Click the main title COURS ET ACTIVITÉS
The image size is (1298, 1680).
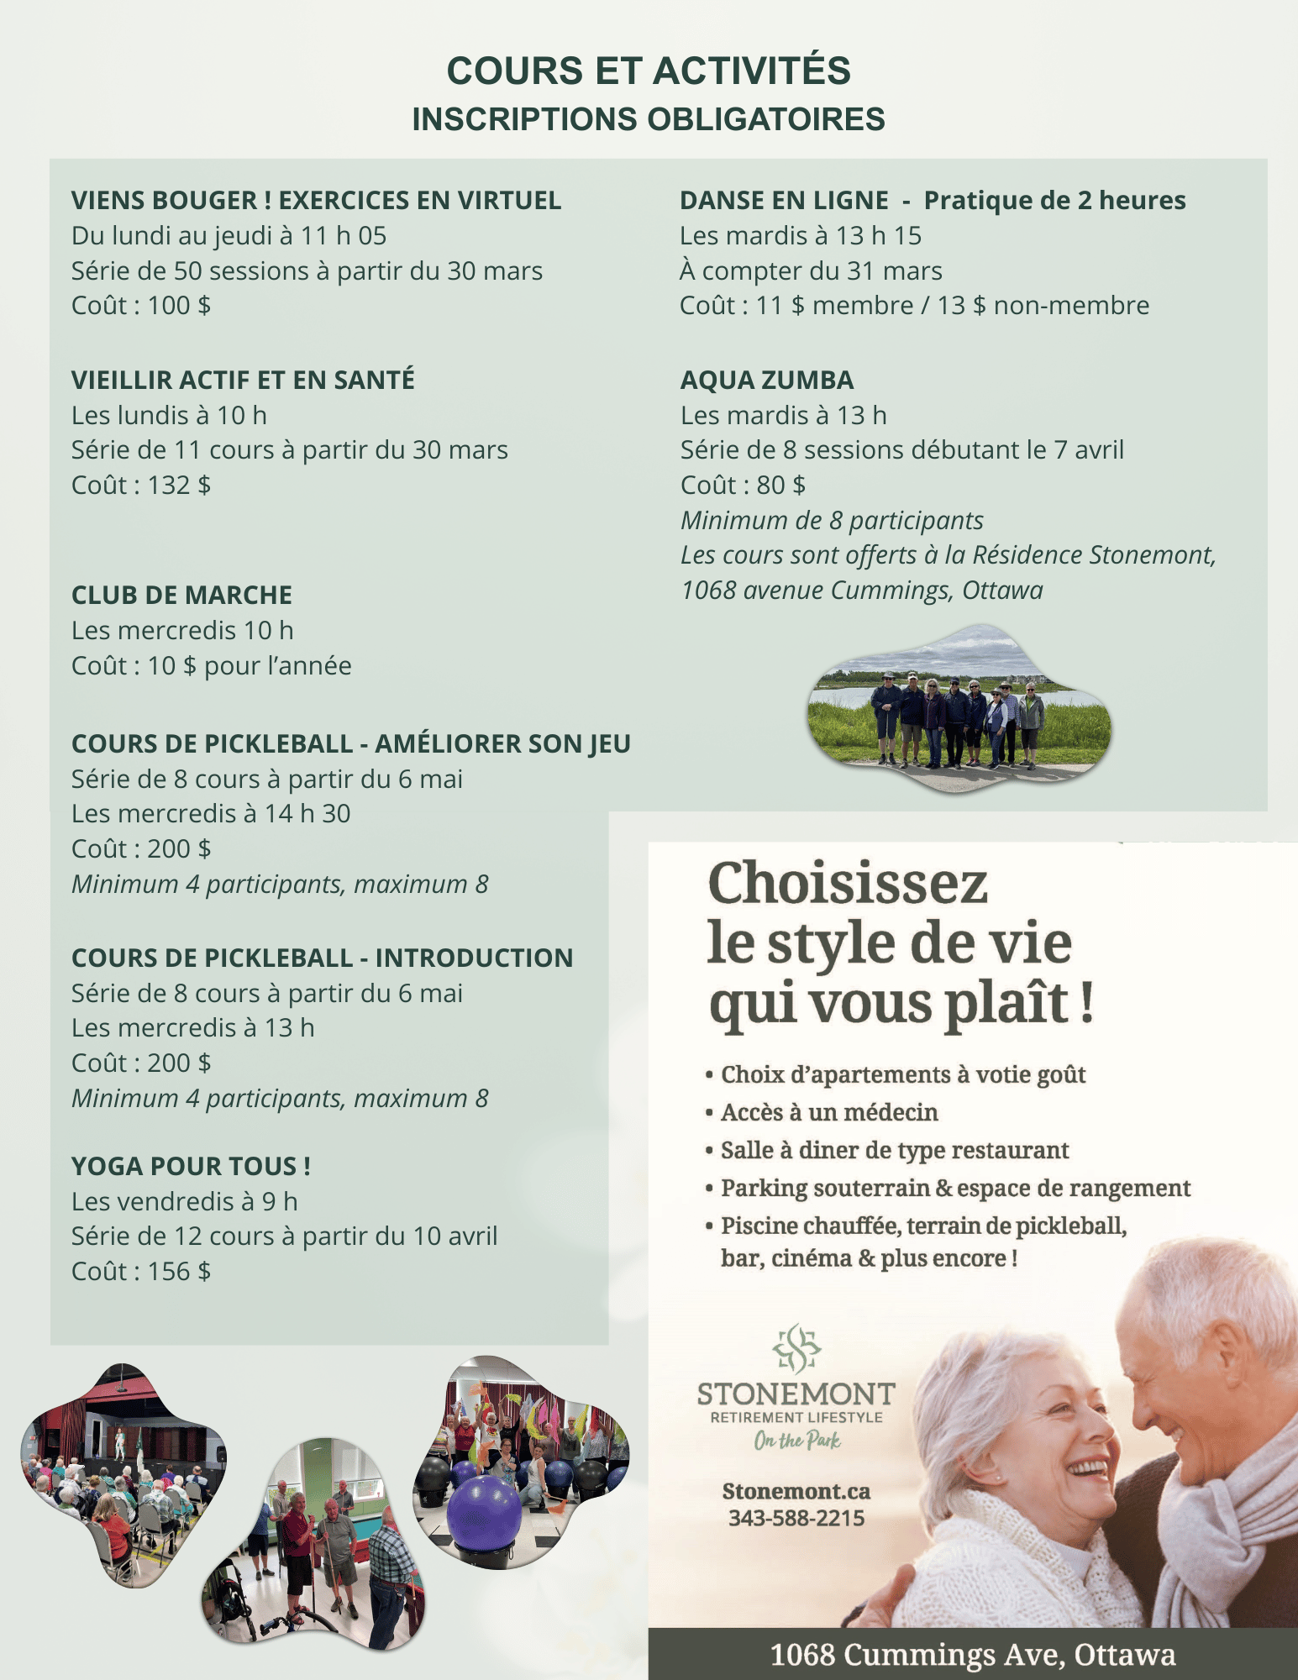[x=649, y=71]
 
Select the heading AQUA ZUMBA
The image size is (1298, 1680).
[x=767, y=381]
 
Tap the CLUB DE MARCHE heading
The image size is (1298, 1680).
[x=181, y=596]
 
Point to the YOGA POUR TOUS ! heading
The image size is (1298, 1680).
[x=191, y=1166]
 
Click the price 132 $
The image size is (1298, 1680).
[x=179, y=486]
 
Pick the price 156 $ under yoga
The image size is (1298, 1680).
[x=179, y=1272]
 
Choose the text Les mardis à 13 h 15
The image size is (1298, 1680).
[x=801, y=236]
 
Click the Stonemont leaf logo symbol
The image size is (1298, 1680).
[x=796, y=1349]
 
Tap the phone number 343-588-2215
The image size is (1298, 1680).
[x=796, y=1518]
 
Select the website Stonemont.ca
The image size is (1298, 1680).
[x=796, y=1492]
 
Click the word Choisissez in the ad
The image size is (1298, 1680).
[x=848, y=884]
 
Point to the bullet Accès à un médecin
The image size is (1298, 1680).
[x=828, y=1112]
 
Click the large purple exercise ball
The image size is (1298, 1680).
[x=484, y=1513]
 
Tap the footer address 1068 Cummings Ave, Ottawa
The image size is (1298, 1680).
[x=972, y=1655]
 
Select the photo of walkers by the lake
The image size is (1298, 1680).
[x=959, y=707]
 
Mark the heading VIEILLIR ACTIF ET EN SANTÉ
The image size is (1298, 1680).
[x=243, y=381]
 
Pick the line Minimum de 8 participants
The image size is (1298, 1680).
[x=832, y=521]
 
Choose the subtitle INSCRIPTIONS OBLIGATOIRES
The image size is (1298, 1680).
[x=649, y=119]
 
